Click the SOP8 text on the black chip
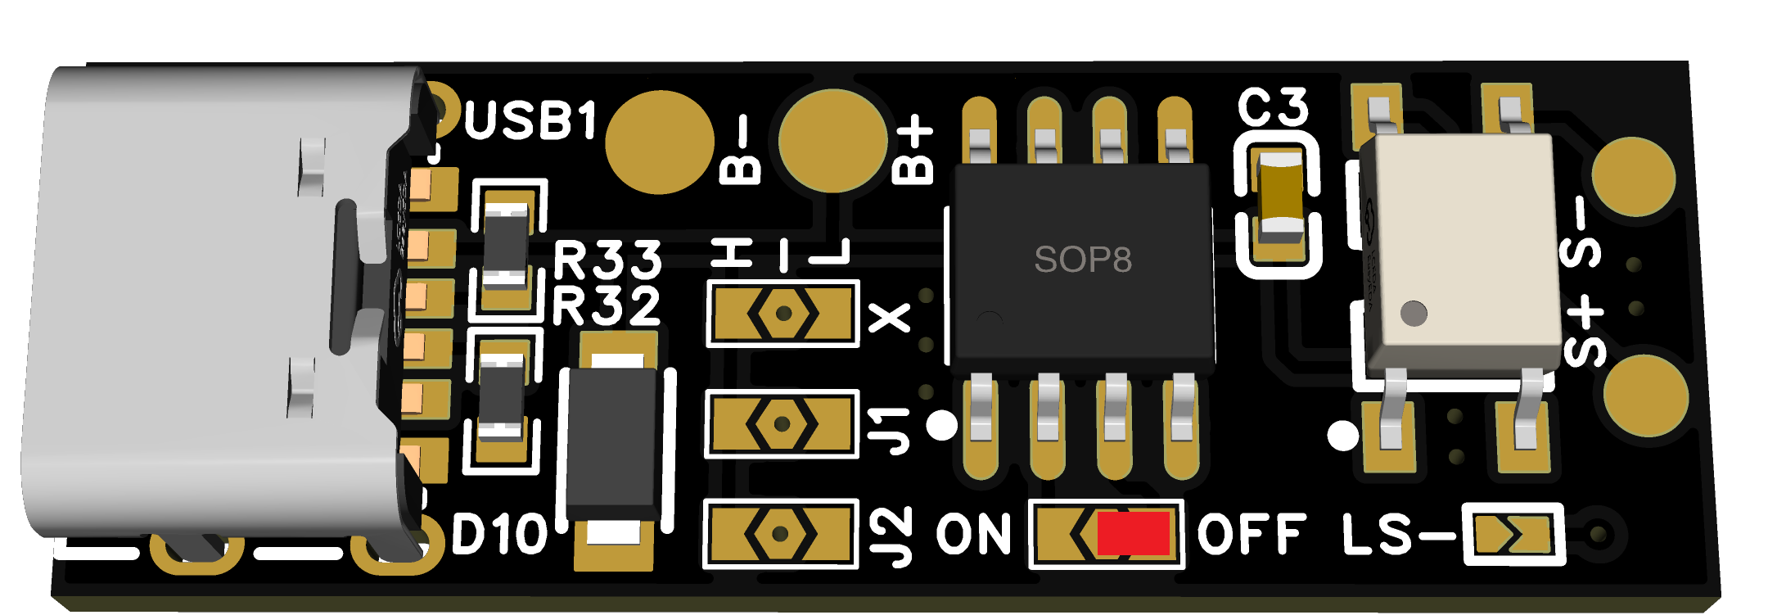pyautogui.click(x=1082, y=260)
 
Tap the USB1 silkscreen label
pyautogui.click(x=531, y=121)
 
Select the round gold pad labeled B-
pyautogui.click(x=659, y=142)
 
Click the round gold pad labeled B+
pyautogui.click(x=832, y=140)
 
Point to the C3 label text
pyautogui.click(x=1273, y=107)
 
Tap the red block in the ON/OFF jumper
pyautogui.click(x=1133, y=534)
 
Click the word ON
pyautogui.click(x=974, y=535)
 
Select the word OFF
pyautogui.click(x=1252, y=535)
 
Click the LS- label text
pyautogui.click(x=1396, y=535)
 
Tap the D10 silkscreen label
pyautogui.click(x=499, y=534)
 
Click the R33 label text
pyautogui.click(x=607, y=260)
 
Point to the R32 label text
pyautogui.click(x=606, y=305)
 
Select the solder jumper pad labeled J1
pyautogui.click(x=782, y=423)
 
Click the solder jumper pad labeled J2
pyautogui.click(x=780, y=534)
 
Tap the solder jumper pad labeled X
pyautogui.click(x=783, y=313)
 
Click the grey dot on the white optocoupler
pyautogui.click(x=1414, y=313)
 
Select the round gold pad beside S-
pyautogui.click(x=1634, y=177)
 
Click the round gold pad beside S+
pyautogui.click(x=1645, y=396)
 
